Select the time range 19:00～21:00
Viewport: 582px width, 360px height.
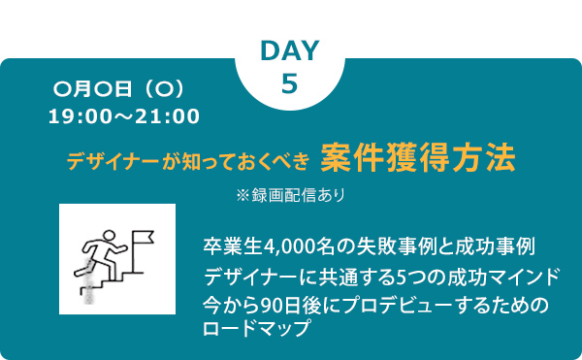(124, 116)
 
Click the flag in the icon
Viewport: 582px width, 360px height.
(144, 236)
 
